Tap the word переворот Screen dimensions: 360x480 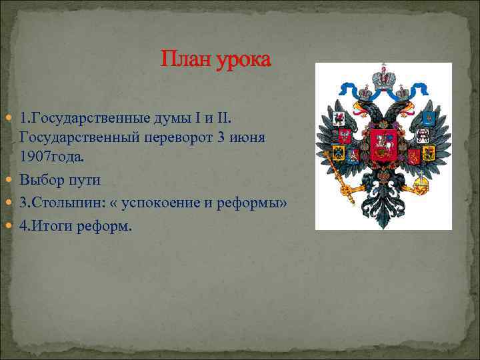click(191, 137)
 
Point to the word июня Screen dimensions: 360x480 click(248, 137)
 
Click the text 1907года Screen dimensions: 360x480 click(53, 157)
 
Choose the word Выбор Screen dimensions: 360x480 click(42, 180)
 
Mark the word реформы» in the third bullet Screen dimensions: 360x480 click(254, 203)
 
